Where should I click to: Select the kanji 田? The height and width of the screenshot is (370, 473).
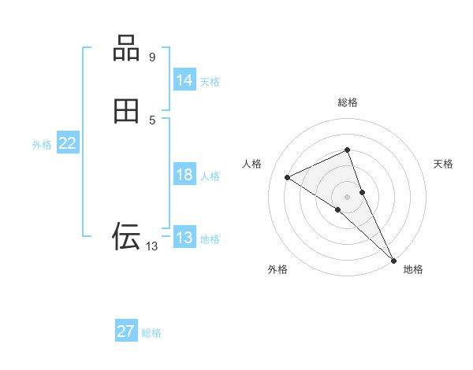coord(126,112)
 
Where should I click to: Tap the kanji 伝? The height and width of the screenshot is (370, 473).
coord(126,235)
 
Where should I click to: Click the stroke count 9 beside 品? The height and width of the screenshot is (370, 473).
coord(152,57)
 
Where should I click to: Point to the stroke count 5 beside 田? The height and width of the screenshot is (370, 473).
coord(152,120)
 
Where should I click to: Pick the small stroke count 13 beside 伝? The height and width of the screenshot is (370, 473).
coord(151,246)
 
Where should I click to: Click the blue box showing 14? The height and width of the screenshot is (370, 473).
coord(184,80)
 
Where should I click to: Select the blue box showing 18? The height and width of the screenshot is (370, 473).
coord(184,175)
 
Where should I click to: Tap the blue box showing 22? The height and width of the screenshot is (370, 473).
coord(67,143)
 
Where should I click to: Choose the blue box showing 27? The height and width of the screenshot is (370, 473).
coord(125,331)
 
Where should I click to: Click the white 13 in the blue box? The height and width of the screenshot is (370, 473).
coord(184,238)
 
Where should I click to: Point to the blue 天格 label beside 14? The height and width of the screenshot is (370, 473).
coord(210,82)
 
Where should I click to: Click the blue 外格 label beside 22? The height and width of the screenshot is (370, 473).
coord(42,145)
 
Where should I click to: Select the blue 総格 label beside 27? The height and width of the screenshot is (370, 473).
coord(151,333)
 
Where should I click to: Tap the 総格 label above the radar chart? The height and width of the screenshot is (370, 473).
coord(348,102)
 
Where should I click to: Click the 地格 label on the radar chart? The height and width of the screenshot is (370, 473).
coord(413,269)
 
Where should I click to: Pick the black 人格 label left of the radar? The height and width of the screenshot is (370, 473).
coord(252,164)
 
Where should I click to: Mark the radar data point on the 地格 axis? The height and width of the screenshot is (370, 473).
coord(393,259)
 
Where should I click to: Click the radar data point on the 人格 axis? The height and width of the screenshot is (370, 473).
coord(288,177)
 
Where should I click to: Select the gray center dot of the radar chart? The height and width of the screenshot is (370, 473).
coord(348,196)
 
